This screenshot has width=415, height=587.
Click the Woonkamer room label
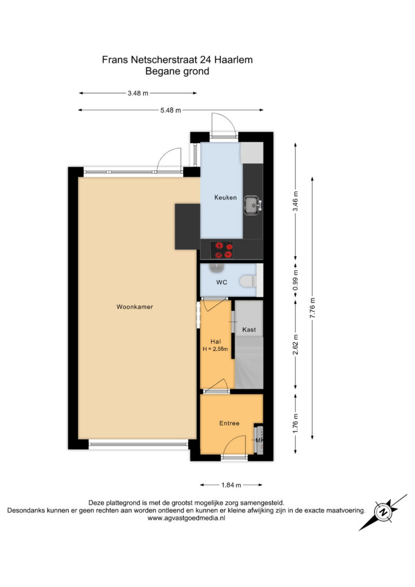(135, 306)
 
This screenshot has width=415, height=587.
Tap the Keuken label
(225, 197)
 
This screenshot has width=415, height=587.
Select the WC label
(222, 282)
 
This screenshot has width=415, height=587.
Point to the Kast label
(249, 329)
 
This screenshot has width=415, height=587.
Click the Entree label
(229, 423)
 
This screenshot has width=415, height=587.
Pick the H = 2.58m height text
(215, 349)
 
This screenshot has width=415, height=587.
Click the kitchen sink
(252, 205)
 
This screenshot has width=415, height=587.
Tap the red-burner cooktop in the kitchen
(222, 250)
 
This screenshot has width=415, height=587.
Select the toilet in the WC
(248, 281)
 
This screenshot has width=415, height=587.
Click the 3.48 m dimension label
(138, 93)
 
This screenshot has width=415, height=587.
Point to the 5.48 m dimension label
(171, 110)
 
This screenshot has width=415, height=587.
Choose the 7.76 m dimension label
(312, 308)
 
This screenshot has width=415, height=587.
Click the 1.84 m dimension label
(231, 485)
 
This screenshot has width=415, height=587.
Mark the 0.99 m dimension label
(296, 281)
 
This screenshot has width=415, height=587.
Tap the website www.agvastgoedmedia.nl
(186, 518)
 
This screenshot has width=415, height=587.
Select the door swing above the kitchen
(223, 126)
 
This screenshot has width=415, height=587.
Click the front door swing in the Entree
(236, 445)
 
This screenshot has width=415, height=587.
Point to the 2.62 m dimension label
(296, 345)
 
